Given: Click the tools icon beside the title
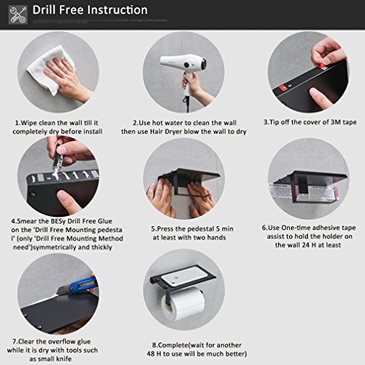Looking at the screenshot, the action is (18, 15).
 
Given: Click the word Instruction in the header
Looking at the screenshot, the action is (118, 10).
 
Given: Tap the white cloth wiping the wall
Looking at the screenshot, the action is (50, 70).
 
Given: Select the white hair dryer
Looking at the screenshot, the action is (183, 71).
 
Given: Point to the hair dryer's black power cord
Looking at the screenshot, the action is (187, 104).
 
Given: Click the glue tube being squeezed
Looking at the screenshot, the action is (58, 158).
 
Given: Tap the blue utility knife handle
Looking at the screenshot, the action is (83, 284).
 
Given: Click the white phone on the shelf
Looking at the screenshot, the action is (185, 276).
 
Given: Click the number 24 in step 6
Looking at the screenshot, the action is (306, 245).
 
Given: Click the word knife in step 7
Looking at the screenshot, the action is (64, 358).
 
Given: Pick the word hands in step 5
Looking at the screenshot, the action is (217, 237).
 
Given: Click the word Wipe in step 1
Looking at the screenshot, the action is (29, 123).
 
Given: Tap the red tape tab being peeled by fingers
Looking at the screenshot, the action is (322, 66).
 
